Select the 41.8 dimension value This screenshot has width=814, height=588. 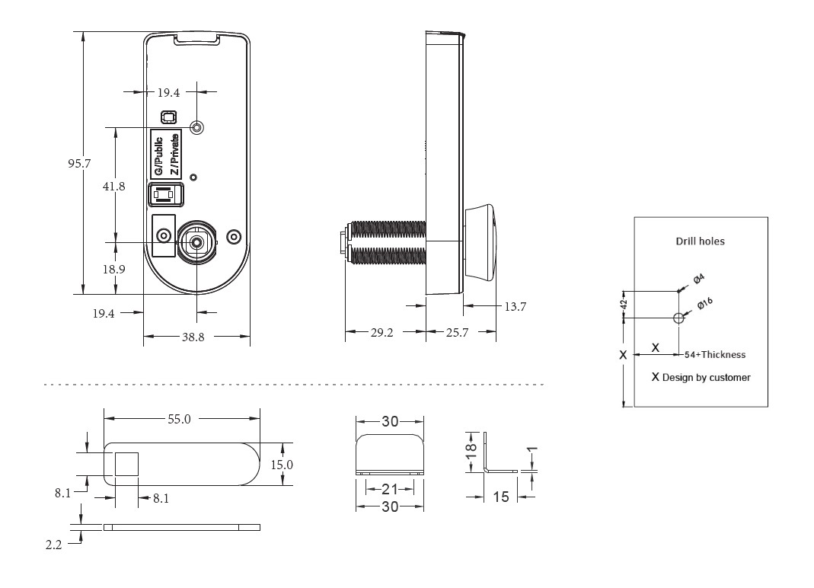pos(113,186)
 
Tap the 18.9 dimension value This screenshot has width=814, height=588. pos(114,269)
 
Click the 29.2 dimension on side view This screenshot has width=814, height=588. pos(381,332)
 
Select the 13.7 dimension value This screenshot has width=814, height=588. pos(515,306)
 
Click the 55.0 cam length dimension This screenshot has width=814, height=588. pos(180,418)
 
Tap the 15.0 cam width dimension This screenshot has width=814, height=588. pos(283,464)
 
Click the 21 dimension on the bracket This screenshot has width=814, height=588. pos(389,488)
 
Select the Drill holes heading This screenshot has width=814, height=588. pos(700,241)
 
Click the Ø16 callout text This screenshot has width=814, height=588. pos(704,303)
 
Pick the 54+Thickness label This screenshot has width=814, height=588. pos(714,354)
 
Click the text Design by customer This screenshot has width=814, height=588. pos(706,377)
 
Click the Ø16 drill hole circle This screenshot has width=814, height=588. pos(678,318)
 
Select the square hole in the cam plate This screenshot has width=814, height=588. pos(126,463)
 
